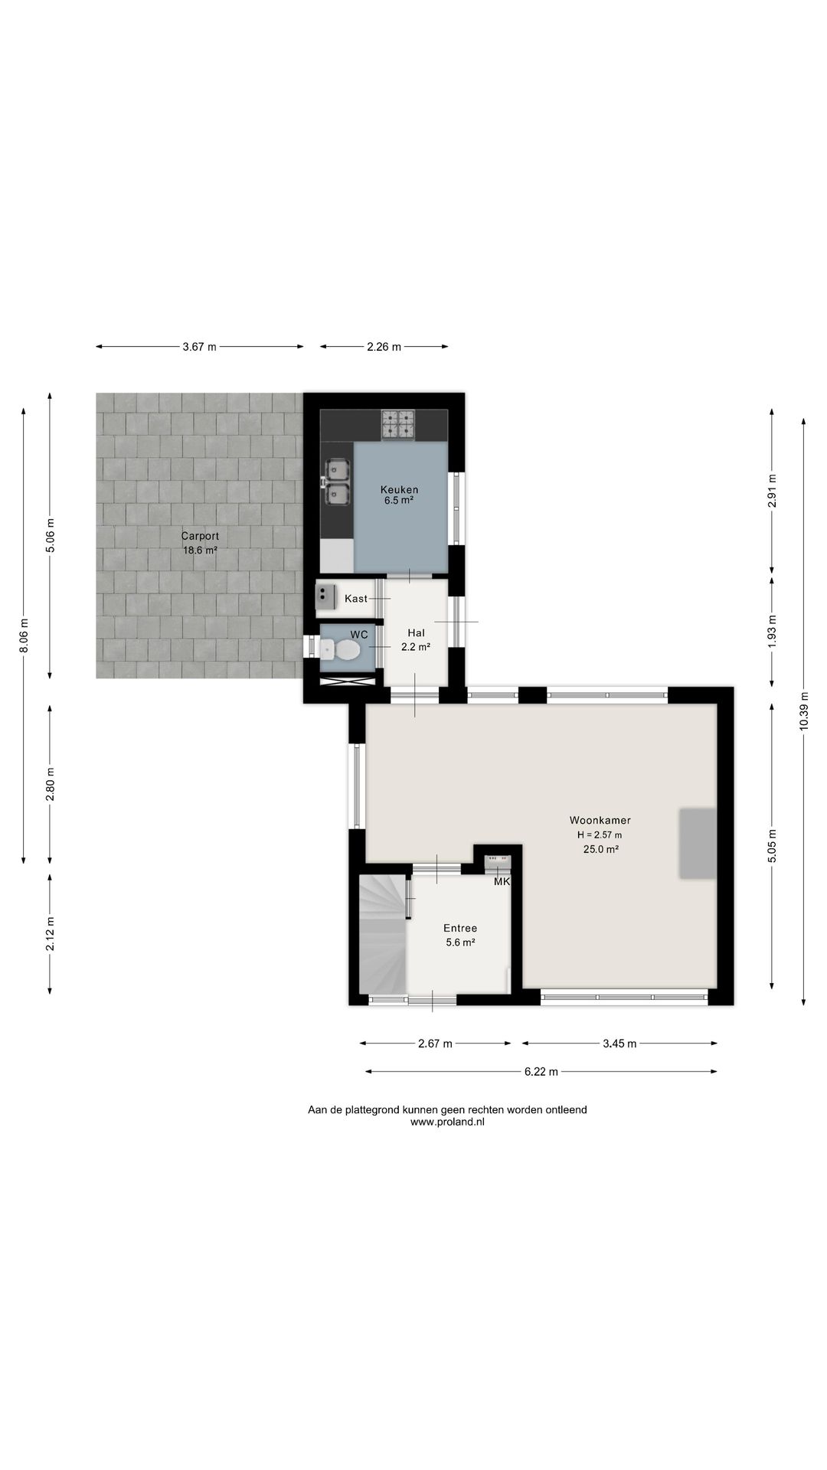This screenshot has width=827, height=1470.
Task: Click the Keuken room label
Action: click(400, 489)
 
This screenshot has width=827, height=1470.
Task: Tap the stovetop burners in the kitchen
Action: click(398, 425)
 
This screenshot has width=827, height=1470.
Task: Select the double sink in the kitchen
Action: click(336, 482)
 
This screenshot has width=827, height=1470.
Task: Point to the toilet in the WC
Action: click(341, 651)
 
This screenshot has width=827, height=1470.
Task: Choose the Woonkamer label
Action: click(600, 820)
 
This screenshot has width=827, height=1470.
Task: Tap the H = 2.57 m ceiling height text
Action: click(600, 835)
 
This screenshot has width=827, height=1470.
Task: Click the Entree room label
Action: click(460, 928)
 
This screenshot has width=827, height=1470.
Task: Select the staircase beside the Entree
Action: click(382, 933)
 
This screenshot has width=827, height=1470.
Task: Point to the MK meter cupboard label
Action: click(502, 882)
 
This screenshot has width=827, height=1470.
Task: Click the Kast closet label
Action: click(356, 598)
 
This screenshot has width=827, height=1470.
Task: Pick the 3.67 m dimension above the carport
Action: click(199, 347)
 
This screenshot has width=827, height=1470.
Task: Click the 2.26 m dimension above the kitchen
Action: click(384, 347)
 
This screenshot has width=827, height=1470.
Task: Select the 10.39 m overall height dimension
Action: click(803, 711)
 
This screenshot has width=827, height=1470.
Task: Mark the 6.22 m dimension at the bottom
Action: click(541, 1072)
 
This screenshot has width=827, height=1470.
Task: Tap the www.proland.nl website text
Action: click(448, 1122)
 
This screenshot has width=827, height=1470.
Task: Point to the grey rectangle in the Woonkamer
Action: click(698, 843)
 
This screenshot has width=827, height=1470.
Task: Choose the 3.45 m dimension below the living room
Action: click(620, 1043)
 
